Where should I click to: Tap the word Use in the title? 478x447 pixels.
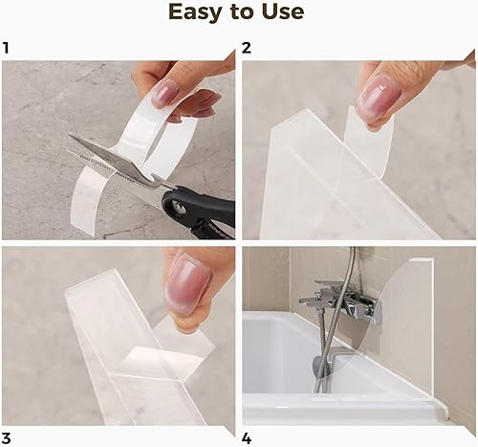click(283, 11)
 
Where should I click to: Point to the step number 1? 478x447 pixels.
click(6, 48)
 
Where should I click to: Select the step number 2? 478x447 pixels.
click(247, 48)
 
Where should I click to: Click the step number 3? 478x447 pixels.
click(7, 438)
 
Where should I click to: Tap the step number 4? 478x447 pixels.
click(247, 438)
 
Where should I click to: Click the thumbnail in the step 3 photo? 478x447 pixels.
click(189, 284)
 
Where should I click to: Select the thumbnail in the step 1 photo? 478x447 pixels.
click(165, 93)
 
